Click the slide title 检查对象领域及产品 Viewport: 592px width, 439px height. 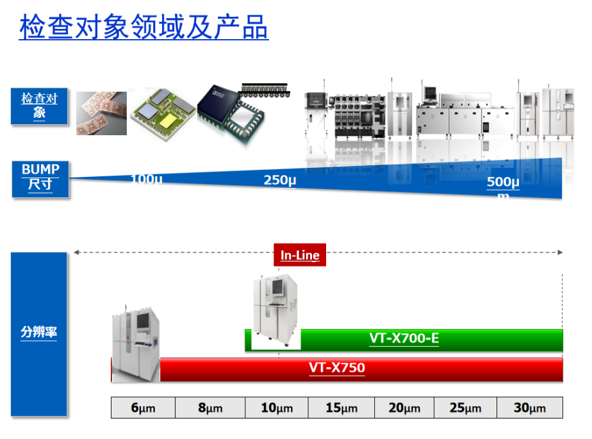coord(144,28)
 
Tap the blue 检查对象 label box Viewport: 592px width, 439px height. coord(40,106)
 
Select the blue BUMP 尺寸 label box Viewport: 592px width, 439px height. coord(40,178)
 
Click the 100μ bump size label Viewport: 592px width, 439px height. coord(146,179)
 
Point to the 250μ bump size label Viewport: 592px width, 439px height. coord(280,180)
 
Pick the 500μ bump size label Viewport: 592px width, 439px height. coord(503,182)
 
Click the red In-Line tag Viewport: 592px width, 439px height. coord(300,255)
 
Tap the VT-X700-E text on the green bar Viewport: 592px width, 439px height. coord(404,338)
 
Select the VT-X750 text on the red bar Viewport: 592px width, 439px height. coord(337,368)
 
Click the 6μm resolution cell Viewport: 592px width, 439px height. coord(143,408)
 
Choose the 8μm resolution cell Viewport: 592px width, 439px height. coord(210,408)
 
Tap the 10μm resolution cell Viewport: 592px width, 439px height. coord(276,408)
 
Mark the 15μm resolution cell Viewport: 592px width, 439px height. coord(341,408)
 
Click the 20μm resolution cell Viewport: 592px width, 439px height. coord(404,408)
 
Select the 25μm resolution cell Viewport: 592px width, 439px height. coord(465,408)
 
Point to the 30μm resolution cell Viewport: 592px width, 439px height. coord(530,408)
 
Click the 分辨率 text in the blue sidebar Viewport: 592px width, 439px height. coord(38,333)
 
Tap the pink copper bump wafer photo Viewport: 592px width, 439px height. coord(101,113)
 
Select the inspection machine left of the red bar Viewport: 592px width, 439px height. coord(136,344)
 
